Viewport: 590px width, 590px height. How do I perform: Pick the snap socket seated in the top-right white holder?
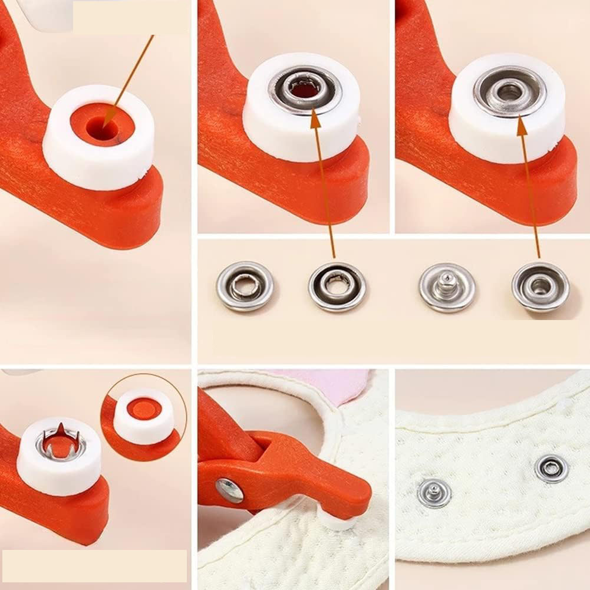point(510,91)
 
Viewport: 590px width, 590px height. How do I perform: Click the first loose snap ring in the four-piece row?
point(244,286)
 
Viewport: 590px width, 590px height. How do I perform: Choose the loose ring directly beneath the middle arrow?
point(337,286)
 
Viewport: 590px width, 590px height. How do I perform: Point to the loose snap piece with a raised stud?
point(447,287)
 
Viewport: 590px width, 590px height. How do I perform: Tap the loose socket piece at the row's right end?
point(540,287)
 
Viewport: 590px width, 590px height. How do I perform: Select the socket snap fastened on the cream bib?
point(552,469)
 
